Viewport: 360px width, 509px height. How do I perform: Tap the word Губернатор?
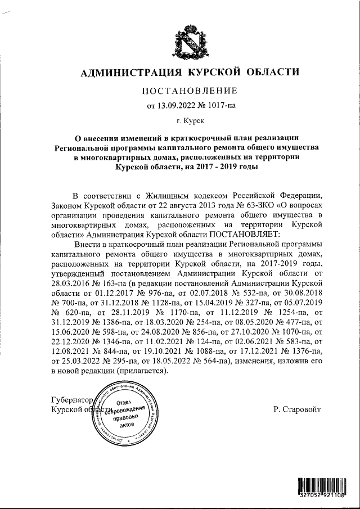[x=71, y=400]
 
